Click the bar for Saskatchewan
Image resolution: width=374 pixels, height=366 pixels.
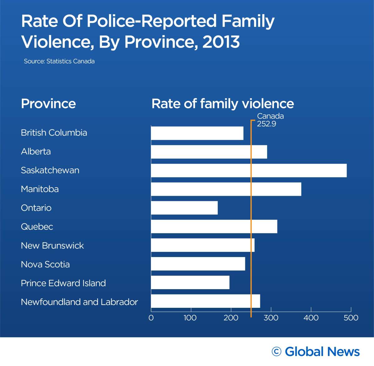tap(249, 171)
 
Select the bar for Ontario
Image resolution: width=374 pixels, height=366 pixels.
tap(184, 208)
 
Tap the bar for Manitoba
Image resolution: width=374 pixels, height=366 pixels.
tap(226, 189)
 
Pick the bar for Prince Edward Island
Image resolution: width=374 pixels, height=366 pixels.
tap(190, 283)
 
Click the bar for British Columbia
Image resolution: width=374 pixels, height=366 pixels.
tap(197, 133)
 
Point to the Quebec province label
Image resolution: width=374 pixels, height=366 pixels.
tap(37, 227)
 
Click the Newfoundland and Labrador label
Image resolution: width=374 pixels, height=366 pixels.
tap(79, 302)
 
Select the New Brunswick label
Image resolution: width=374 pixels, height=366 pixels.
tap(52, 246)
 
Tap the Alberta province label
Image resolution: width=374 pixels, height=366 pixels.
tap(36, 152)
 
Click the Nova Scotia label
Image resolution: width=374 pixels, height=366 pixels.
tap(45, 264)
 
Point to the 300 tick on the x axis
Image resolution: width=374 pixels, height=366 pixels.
tap(271, 318)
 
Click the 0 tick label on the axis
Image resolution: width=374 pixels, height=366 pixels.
tap(151, 318)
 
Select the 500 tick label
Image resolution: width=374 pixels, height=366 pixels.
tap(351, 318)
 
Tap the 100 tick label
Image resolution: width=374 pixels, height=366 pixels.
tap(190, 318)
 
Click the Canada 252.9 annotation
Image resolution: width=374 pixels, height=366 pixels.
tap(270, 120)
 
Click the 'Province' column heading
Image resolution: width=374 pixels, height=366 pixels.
tap(48, 104)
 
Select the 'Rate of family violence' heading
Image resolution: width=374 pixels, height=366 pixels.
tap(223, 104)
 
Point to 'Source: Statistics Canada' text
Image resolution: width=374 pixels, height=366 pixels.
tap(59, 61)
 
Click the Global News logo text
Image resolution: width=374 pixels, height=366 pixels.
tap(322, 352)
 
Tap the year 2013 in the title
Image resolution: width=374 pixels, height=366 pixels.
tap(221, 42)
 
